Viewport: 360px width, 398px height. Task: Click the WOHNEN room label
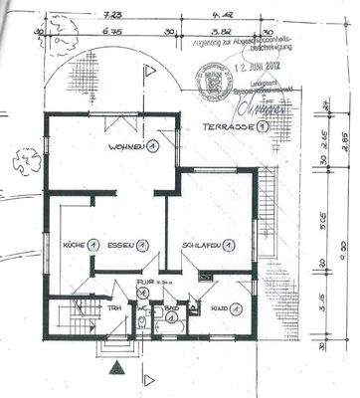128,148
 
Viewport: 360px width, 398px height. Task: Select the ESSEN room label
121,245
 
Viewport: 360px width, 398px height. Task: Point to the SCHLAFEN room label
199,245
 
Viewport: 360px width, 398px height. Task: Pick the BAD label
171,309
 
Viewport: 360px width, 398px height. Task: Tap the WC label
143,308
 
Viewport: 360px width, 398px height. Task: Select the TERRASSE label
224,127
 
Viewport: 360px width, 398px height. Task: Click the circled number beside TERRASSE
262,127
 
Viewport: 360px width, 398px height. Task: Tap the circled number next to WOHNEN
152,148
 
